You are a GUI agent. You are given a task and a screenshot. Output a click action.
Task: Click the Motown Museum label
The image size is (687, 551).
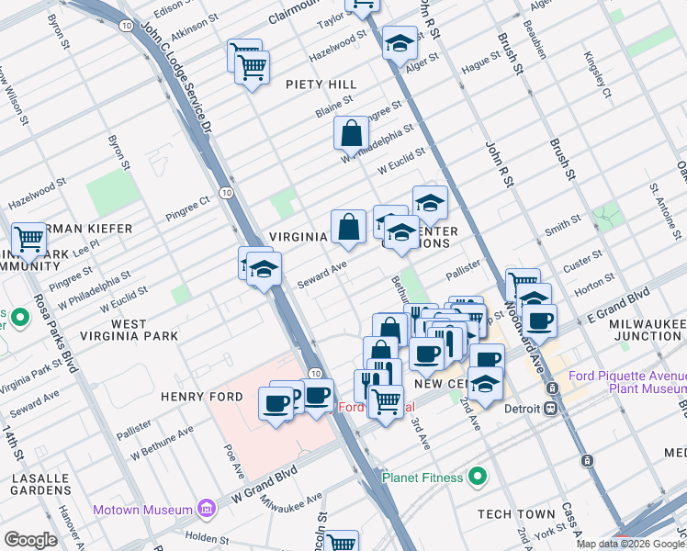pos(141,510)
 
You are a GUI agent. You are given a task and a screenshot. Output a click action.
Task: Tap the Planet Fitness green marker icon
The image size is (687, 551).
pos(477,476)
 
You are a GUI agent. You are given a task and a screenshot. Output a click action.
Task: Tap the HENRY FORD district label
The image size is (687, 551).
pos(201,397)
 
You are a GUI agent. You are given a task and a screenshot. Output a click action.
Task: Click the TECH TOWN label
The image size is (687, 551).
pos(516,513)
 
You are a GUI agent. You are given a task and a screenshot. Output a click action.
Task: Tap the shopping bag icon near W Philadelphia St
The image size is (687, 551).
pos(351,134)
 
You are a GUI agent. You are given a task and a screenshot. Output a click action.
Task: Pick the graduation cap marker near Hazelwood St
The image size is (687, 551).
pos(400,44)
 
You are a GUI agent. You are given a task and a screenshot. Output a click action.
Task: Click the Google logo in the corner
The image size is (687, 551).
pos(30,540)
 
